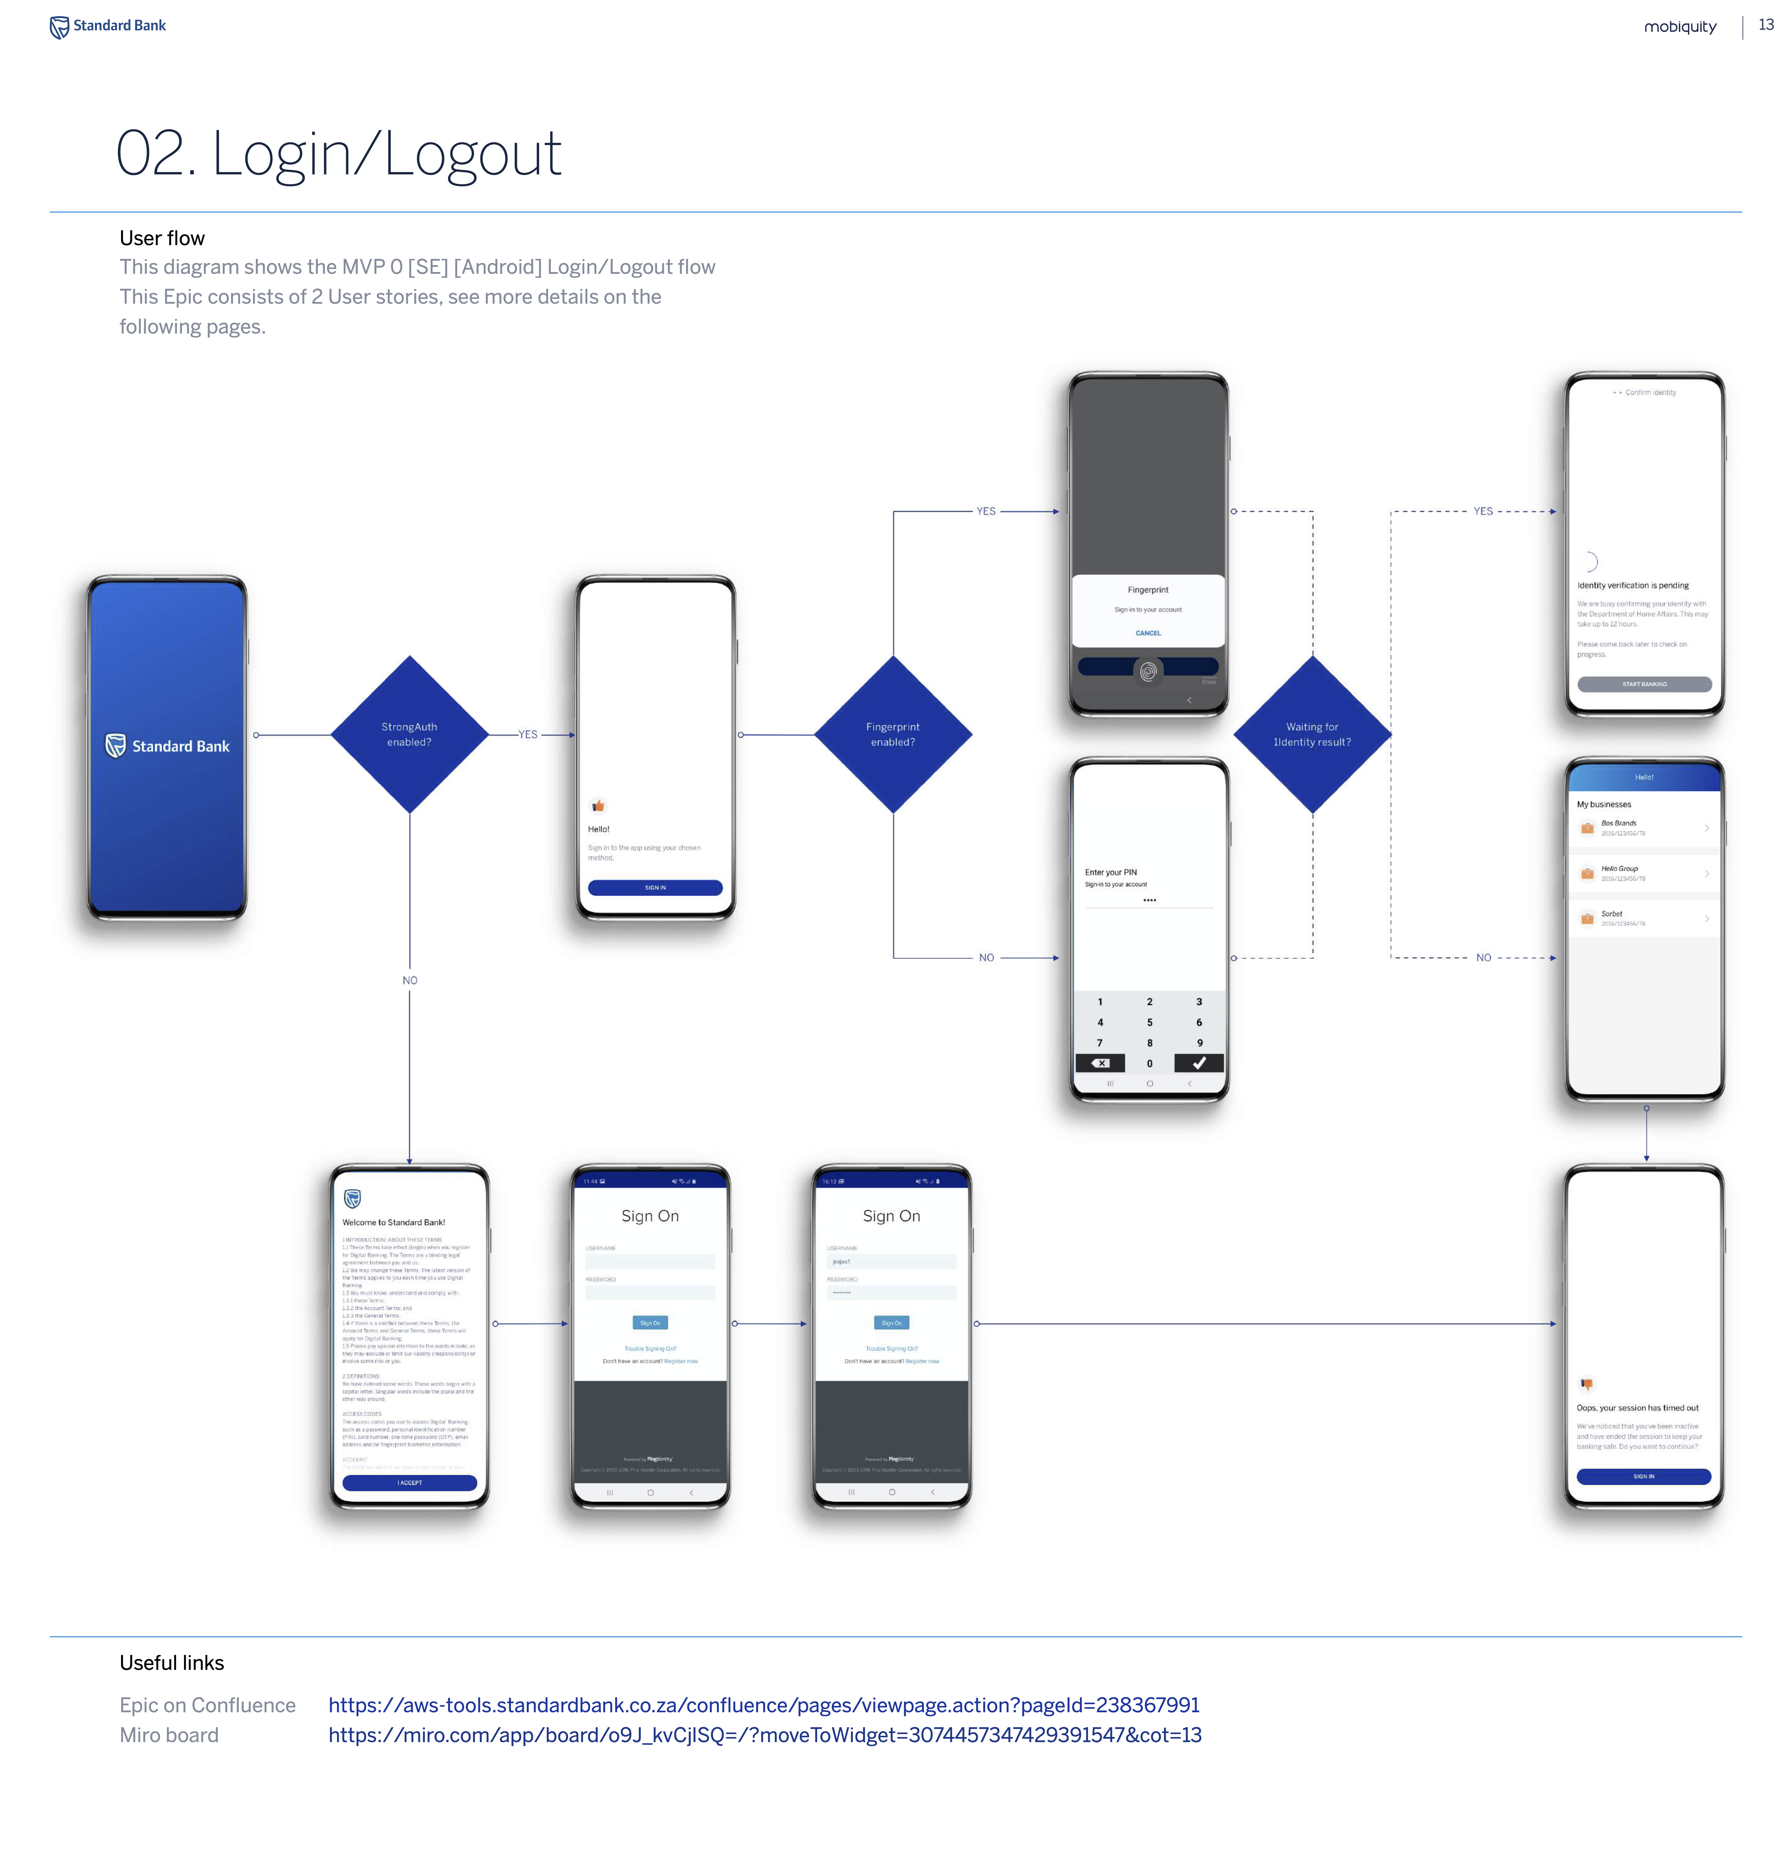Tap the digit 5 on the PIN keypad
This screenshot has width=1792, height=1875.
tap(1149, 1022)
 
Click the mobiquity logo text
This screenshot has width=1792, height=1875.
tap(1679, 27)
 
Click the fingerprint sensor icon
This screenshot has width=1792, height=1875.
tap(1148, 670)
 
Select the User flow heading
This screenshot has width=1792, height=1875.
tap(162, 238)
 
